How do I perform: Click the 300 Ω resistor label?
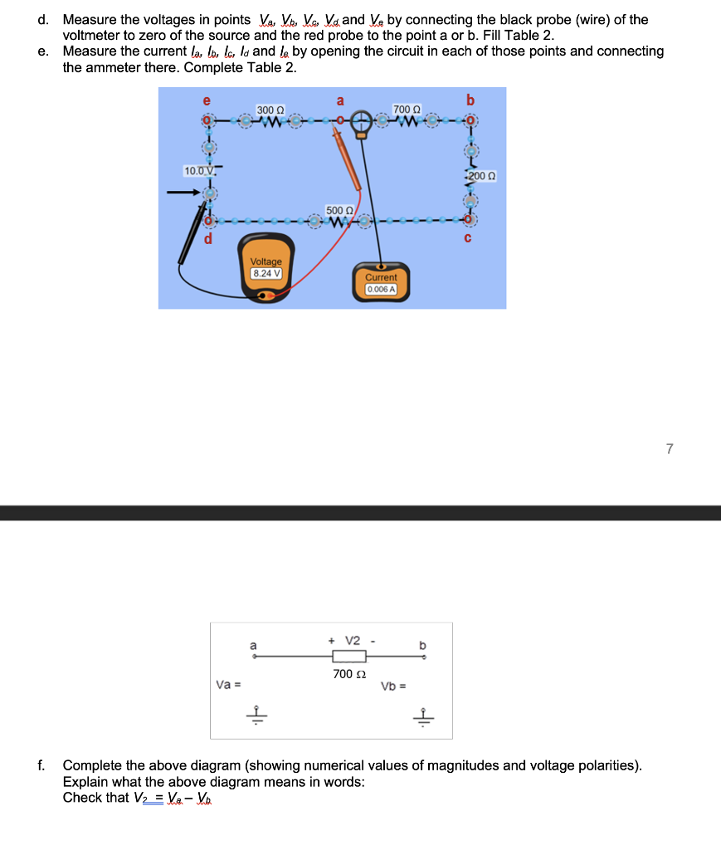click(x=270, y=110)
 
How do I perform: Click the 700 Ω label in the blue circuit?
click(x=407, y=110)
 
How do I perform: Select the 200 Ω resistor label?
click(x=482, y=177)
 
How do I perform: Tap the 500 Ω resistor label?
click(x=339, y=210)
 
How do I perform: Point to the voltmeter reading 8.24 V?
click(x=266, y=272)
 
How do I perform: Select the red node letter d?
click(x=208, y=240)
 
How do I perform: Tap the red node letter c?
click(x=469, y=239)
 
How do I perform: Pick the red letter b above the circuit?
click(x=470, y=100)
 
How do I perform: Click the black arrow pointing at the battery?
click(x=182, y=193)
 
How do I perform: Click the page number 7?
click(x=670, y=449)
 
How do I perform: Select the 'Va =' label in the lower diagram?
click(x=227, y=685)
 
